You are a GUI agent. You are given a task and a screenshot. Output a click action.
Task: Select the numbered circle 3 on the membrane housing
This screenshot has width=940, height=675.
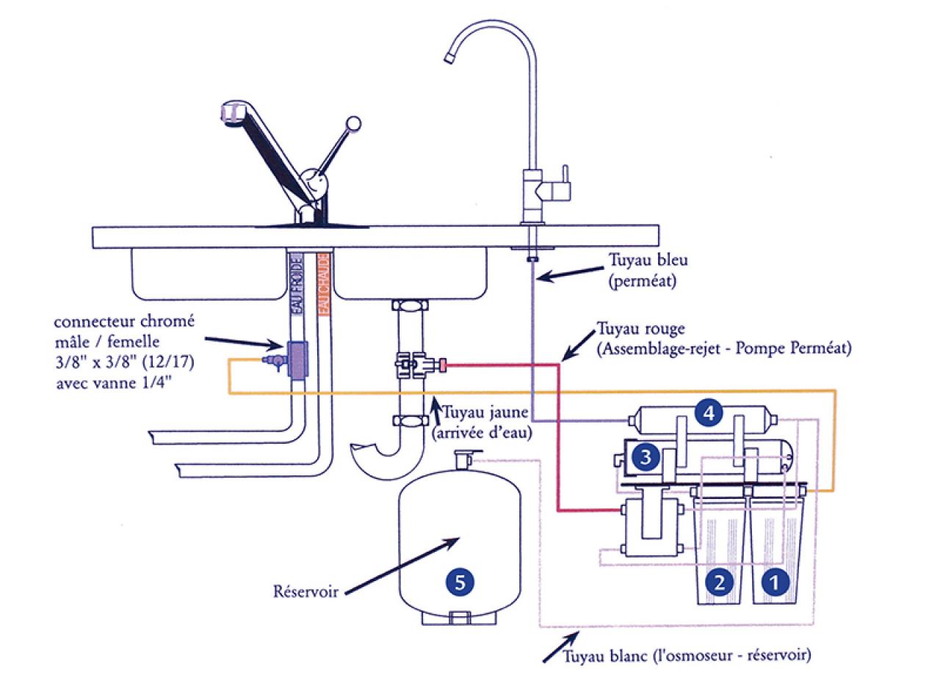[x=646, y=458]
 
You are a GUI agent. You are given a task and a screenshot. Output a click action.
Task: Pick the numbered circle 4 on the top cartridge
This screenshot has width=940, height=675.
[x=708, y=413]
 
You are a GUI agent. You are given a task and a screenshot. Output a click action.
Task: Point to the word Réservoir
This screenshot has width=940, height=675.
[x=303, y=591]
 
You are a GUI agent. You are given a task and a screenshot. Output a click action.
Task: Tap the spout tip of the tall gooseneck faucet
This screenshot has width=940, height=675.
[x=450, y=56]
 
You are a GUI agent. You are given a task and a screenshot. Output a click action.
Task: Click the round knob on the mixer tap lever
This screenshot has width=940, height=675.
[x=353, y=123]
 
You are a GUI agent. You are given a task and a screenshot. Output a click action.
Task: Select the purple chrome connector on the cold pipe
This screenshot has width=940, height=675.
[x=297, y=360]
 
